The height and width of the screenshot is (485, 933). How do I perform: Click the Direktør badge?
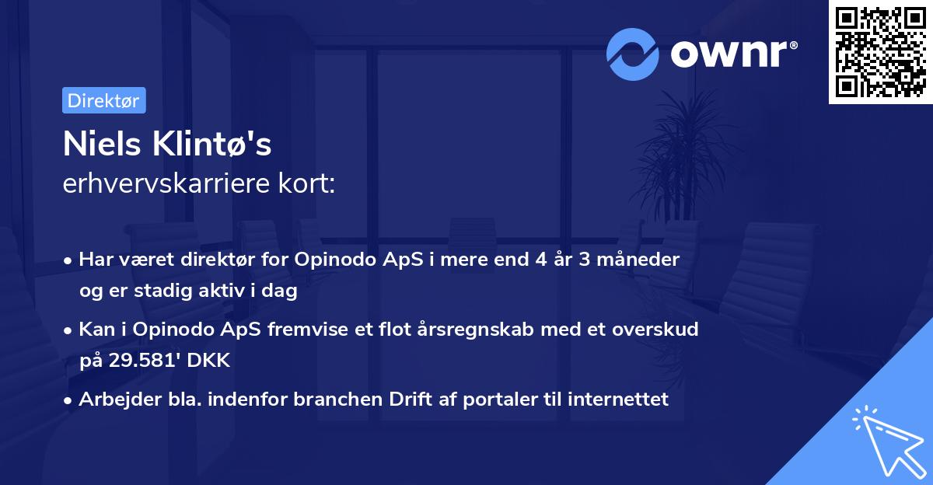coord(103,100)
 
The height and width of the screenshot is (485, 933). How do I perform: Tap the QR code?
coord(880,51)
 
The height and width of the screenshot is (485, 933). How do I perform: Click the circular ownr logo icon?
coord(633,54)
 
